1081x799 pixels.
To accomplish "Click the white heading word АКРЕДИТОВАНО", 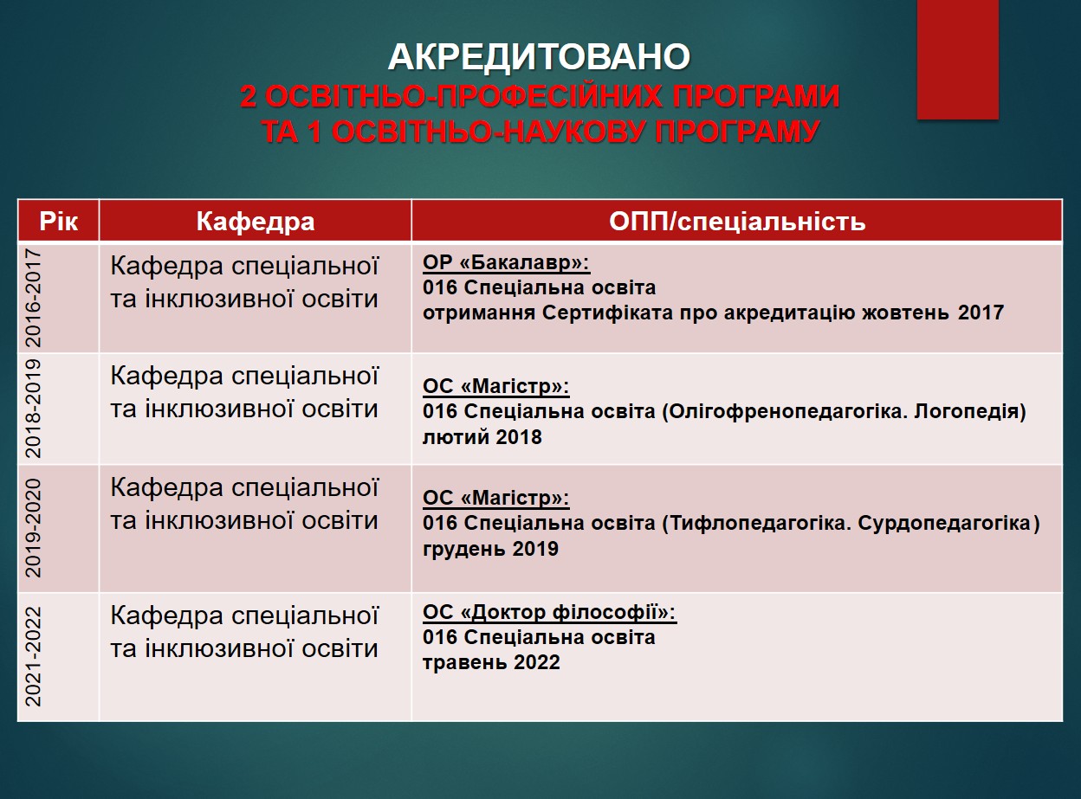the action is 539,57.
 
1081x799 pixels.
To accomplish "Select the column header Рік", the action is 59,222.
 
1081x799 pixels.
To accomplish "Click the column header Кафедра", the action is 256,222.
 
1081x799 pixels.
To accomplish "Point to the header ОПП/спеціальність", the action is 737,222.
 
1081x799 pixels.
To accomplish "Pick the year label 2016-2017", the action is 33,298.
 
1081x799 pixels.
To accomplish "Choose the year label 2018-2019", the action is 33,409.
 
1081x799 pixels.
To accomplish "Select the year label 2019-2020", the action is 33,529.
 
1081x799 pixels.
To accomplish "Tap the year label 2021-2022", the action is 33,657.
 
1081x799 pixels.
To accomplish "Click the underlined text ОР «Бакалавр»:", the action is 507,263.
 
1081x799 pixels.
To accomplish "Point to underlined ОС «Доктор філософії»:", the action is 550,613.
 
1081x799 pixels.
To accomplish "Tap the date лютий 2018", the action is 482,437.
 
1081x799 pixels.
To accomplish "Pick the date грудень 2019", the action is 490,549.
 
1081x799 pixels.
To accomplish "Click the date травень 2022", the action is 491,662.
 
